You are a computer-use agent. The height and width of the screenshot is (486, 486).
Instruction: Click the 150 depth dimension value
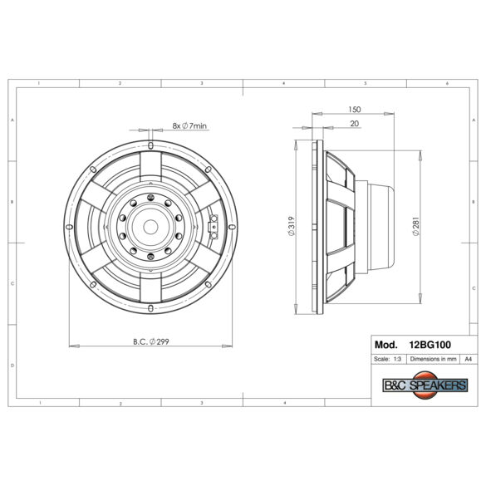pyautogui.click(x=354, y=110)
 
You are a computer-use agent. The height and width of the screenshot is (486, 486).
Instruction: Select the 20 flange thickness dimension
pyautogui.click(x=354, y=123)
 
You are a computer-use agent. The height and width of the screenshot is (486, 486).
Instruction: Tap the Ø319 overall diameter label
pyautogui.click(x=292, y=226)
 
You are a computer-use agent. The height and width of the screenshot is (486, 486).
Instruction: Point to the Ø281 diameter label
pyautogui.click(x=416, y=226)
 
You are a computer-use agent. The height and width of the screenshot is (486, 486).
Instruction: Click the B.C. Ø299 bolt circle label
pyautogui.click(x=151, y=341)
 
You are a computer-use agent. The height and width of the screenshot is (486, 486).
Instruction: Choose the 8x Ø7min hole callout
pyautogui.click(x=189, y=125)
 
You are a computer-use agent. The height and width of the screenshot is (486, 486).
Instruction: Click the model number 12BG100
pyautogui.click(x=430, y=345)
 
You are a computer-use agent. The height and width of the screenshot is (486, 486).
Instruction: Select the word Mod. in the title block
pyautogui.click(x=385, y=345)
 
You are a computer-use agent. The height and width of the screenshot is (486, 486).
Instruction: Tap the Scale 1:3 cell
pyautogui.click(x=387, y=359)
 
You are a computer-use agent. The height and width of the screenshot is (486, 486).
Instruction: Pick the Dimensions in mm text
pyautogui.click(x=433, y=359)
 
